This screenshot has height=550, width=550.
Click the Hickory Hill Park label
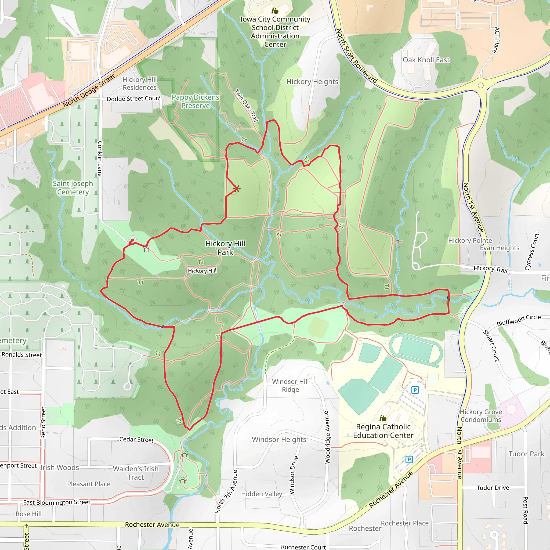(225, 248)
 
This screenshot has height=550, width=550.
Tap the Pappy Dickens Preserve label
(195, 101)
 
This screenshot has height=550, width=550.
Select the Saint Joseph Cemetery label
(73, 188)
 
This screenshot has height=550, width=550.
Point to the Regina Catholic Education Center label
(383, 431)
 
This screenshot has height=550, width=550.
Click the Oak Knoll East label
(426, 60)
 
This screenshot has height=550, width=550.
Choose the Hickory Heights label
(312, 82)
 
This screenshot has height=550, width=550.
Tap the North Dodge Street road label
(89, 91)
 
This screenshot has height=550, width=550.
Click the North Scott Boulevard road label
(356, 56)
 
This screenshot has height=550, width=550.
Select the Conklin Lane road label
(100, 158)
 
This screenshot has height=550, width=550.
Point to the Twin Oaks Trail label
(247, 105)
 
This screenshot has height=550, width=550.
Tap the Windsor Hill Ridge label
(290, 385)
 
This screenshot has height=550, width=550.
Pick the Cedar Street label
(136, 440)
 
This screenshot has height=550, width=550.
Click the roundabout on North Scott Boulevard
(481, 85)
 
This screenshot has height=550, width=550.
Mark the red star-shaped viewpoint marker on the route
(237, 189)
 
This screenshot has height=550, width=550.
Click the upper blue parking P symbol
(415, 390)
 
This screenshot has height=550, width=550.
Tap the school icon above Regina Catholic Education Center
(383, 418)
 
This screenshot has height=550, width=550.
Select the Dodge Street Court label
(133, 99)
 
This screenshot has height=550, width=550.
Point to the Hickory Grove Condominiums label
(481, 416)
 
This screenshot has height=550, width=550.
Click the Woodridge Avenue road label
(327, 437)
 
